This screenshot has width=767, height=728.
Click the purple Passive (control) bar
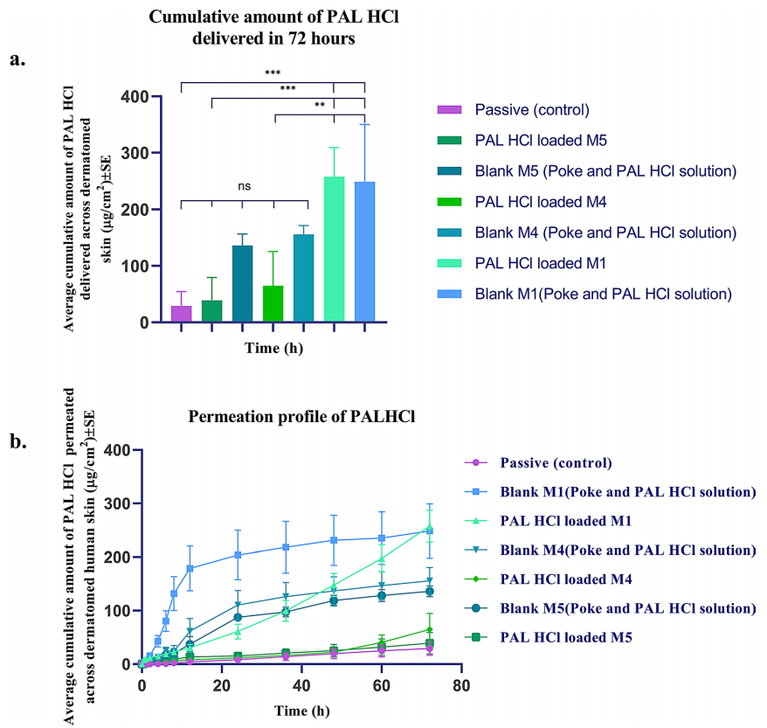(181, 314)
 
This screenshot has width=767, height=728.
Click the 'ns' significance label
(243, 185)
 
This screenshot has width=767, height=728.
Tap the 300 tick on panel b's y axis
(118, 503)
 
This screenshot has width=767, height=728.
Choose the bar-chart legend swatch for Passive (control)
(450, 109)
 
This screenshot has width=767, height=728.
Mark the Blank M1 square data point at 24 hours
(238, 555)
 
